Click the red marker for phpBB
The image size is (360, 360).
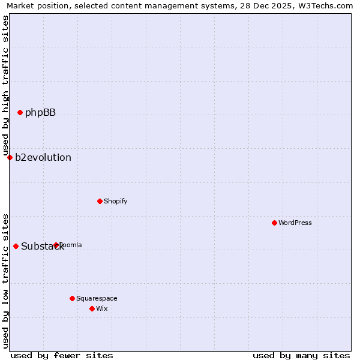(20, 112)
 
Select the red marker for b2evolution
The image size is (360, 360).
(10, 157)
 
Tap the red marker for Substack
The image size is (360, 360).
(16, 246)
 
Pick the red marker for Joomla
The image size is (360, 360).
(56, 245)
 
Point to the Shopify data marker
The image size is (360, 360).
(100, 201)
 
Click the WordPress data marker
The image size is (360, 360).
(274, 223)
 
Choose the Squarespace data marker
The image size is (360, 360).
(72, 298)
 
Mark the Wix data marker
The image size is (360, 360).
(92, 308)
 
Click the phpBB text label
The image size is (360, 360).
(40, 112)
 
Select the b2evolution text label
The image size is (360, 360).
(43, 157)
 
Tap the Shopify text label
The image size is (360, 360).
(115, 201)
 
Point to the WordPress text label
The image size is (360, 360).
(295, 223)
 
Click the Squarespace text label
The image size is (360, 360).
(97, 298)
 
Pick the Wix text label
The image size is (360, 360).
(102, 308)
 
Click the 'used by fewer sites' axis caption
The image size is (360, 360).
(62, 355)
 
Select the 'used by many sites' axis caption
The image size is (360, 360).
(301, 355)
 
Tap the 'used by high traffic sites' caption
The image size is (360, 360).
(5, 85)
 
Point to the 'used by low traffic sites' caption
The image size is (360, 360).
(5, 281)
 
